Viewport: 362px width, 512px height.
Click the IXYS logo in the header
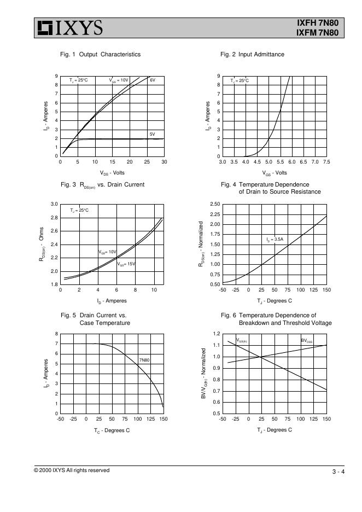pos(69,28)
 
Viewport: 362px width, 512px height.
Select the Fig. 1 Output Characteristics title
pos(100,54)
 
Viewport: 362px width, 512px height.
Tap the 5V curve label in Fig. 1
pos(153,133)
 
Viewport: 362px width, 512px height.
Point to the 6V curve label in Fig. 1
pos(153,80)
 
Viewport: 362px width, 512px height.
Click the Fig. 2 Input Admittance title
pos(252,54)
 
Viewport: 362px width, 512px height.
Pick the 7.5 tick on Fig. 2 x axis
pos(326,162)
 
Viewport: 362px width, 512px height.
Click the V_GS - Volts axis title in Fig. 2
pos(275,173)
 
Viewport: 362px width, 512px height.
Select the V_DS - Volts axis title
pos(112,173)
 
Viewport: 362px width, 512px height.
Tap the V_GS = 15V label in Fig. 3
pos(126,264)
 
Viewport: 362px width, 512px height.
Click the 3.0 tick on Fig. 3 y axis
pos(54,205)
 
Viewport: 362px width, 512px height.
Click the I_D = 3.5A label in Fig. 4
pos(275,239)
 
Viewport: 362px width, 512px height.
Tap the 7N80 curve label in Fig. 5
pos(144,360)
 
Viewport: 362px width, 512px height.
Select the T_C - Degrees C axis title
pos(112,430)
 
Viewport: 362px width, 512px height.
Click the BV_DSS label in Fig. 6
pos(307,341)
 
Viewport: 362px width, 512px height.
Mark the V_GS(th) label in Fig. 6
pos(242,341)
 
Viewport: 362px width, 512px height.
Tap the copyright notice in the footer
pos(72,470)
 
